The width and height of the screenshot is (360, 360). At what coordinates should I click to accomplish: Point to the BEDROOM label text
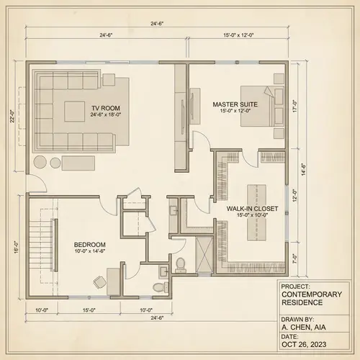point(90,244)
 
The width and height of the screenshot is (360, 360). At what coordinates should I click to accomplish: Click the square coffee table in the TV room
point(76,112)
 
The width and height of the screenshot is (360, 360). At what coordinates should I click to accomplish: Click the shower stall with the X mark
point(204,256)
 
